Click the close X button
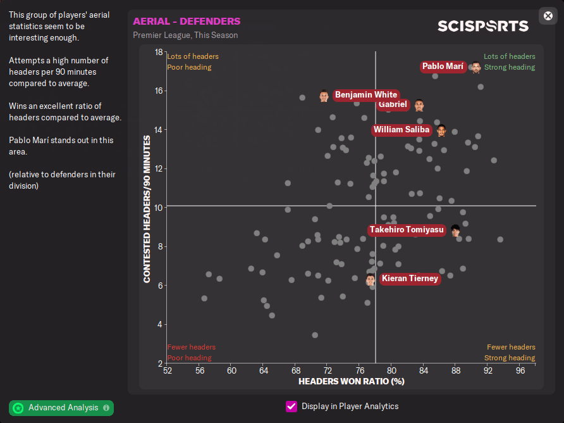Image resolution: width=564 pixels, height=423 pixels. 548,16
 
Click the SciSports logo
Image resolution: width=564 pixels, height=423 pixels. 482,26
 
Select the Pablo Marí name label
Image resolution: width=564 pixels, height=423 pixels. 443,66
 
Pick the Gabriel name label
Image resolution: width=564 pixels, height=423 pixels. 392,104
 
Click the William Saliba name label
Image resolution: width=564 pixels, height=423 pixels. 402,130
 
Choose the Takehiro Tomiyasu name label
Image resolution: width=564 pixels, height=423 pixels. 407,230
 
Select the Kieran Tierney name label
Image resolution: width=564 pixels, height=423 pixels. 409,279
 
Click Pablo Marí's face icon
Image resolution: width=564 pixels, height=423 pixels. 476,67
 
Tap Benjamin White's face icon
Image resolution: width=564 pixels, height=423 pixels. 324,96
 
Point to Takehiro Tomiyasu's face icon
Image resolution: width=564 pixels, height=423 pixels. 455,230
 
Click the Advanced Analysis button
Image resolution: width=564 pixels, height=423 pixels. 61,408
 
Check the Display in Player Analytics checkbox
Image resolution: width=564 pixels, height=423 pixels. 291,407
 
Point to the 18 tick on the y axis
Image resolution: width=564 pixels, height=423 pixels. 159,52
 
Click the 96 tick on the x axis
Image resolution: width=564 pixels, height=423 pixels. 520,371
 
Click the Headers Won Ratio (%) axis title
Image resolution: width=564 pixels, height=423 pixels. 351,382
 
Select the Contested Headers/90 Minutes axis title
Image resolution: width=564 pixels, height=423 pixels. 147,208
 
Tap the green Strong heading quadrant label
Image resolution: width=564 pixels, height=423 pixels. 510,67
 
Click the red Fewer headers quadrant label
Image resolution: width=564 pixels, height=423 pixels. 191,347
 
